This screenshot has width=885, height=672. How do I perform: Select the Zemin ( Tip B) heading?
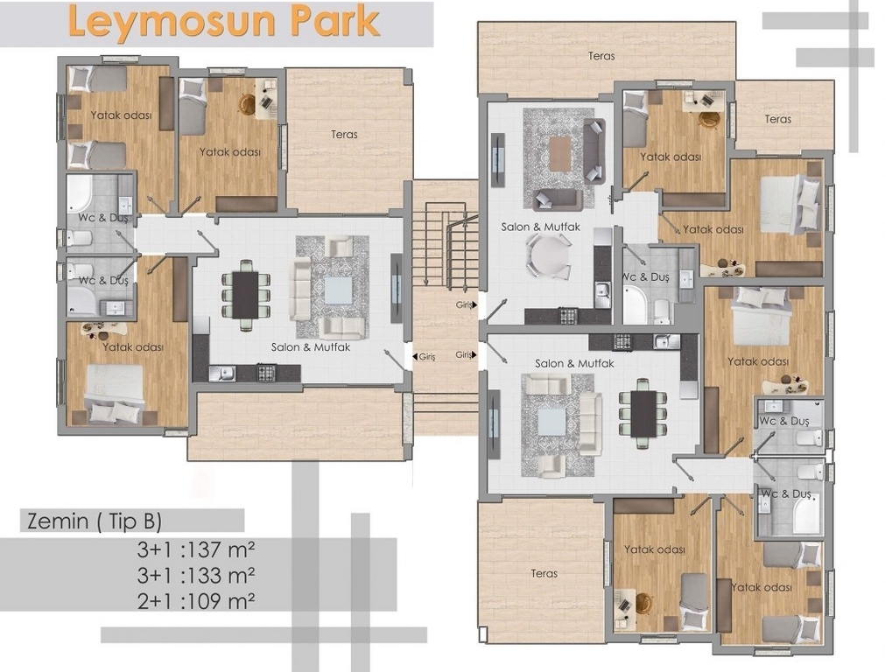pos(95,521)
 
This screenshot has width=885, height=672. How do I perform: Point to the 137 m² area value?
pos(221,549)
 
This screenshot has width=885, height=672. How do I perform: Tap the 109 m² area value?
pos(221,601)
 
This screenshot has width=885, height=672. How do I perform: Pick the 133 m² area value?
pos(221,575)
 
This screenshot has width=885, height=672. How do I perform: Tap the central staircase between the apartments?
pos(446,248)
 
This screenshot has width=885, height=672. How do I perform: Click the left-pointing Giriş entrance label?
pos(424,357)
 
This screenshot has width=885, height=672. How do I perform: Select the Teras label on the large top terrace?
pos(601,56)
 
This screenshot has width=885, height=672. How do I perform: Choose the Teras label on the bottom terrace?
pos(544,573)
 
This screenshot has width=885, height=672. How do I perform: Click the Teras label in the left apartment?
pos(344,134)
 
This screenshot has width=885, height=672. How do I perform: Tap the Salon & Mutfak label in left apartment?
pos(311,347)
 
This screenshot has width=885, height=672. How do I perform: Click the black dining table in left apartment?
pos(245,295)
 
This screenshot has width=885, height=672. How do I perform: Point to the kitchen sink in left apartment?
pos(222,373)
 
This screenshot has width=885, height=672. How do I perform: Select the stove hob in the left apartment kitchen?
pos(266,373)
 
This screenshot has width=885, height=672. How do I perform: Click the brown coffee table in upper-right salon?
pos(560,153)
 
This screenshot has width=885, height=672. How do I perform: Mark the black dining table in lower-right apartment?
pos(643,414)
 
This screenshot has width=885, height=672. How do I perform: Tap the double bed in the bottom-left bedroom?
pos(115,393)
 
